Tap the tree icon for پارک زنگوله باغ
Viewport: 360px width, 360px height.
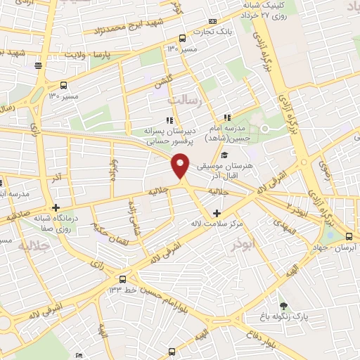[283, 306]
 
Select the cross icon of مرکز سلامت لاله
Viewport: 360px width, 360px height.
[216, 213]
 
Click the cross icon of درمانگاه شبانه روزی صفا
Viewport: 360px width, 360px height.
[55, 208]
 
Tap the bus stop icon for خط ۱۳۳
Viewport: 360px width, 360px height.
[123, 278]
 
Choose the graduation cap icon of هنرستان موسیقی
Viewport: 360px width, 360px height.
[224, 155]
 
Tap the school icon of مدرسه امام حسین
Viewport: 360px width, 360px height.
[226, 117]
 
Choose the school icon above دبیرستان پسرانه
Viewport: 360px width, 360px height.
[169, 120]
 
